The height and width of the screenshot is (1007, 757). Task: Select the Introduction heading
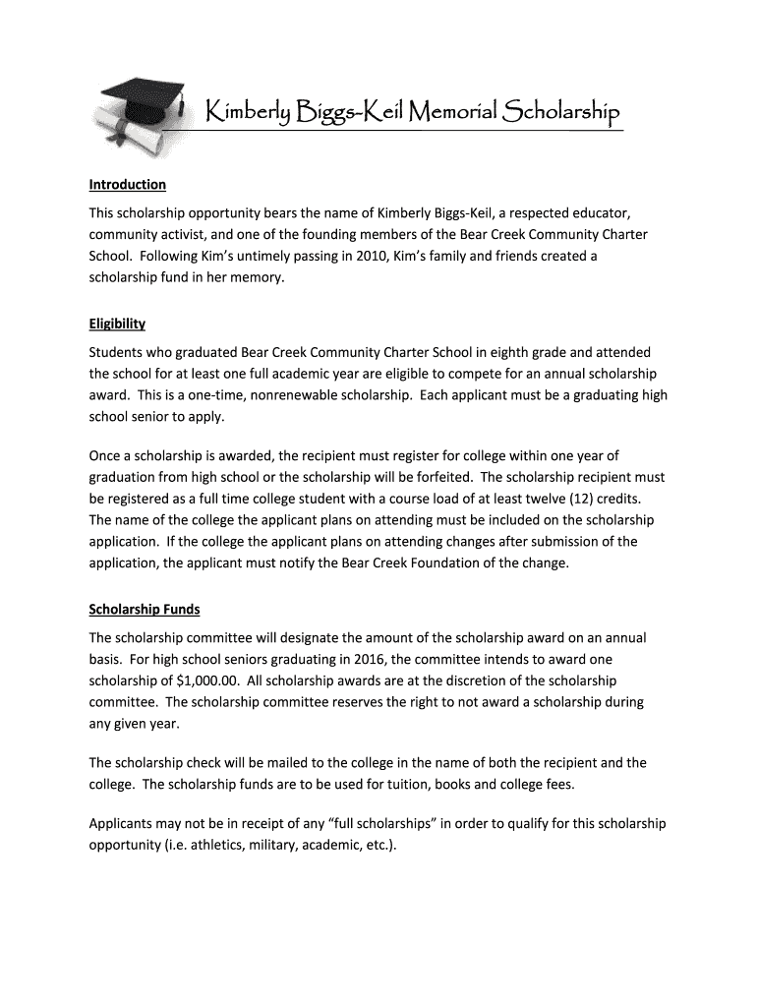pyautogui.click(x=128, y=185)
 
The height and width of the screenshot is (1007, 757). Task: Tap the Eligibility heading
pyautogui.click(x=117, y=324)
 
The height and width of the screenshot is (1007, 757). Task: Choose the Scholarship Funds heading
pyautogui.click(x=145, y=610)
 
